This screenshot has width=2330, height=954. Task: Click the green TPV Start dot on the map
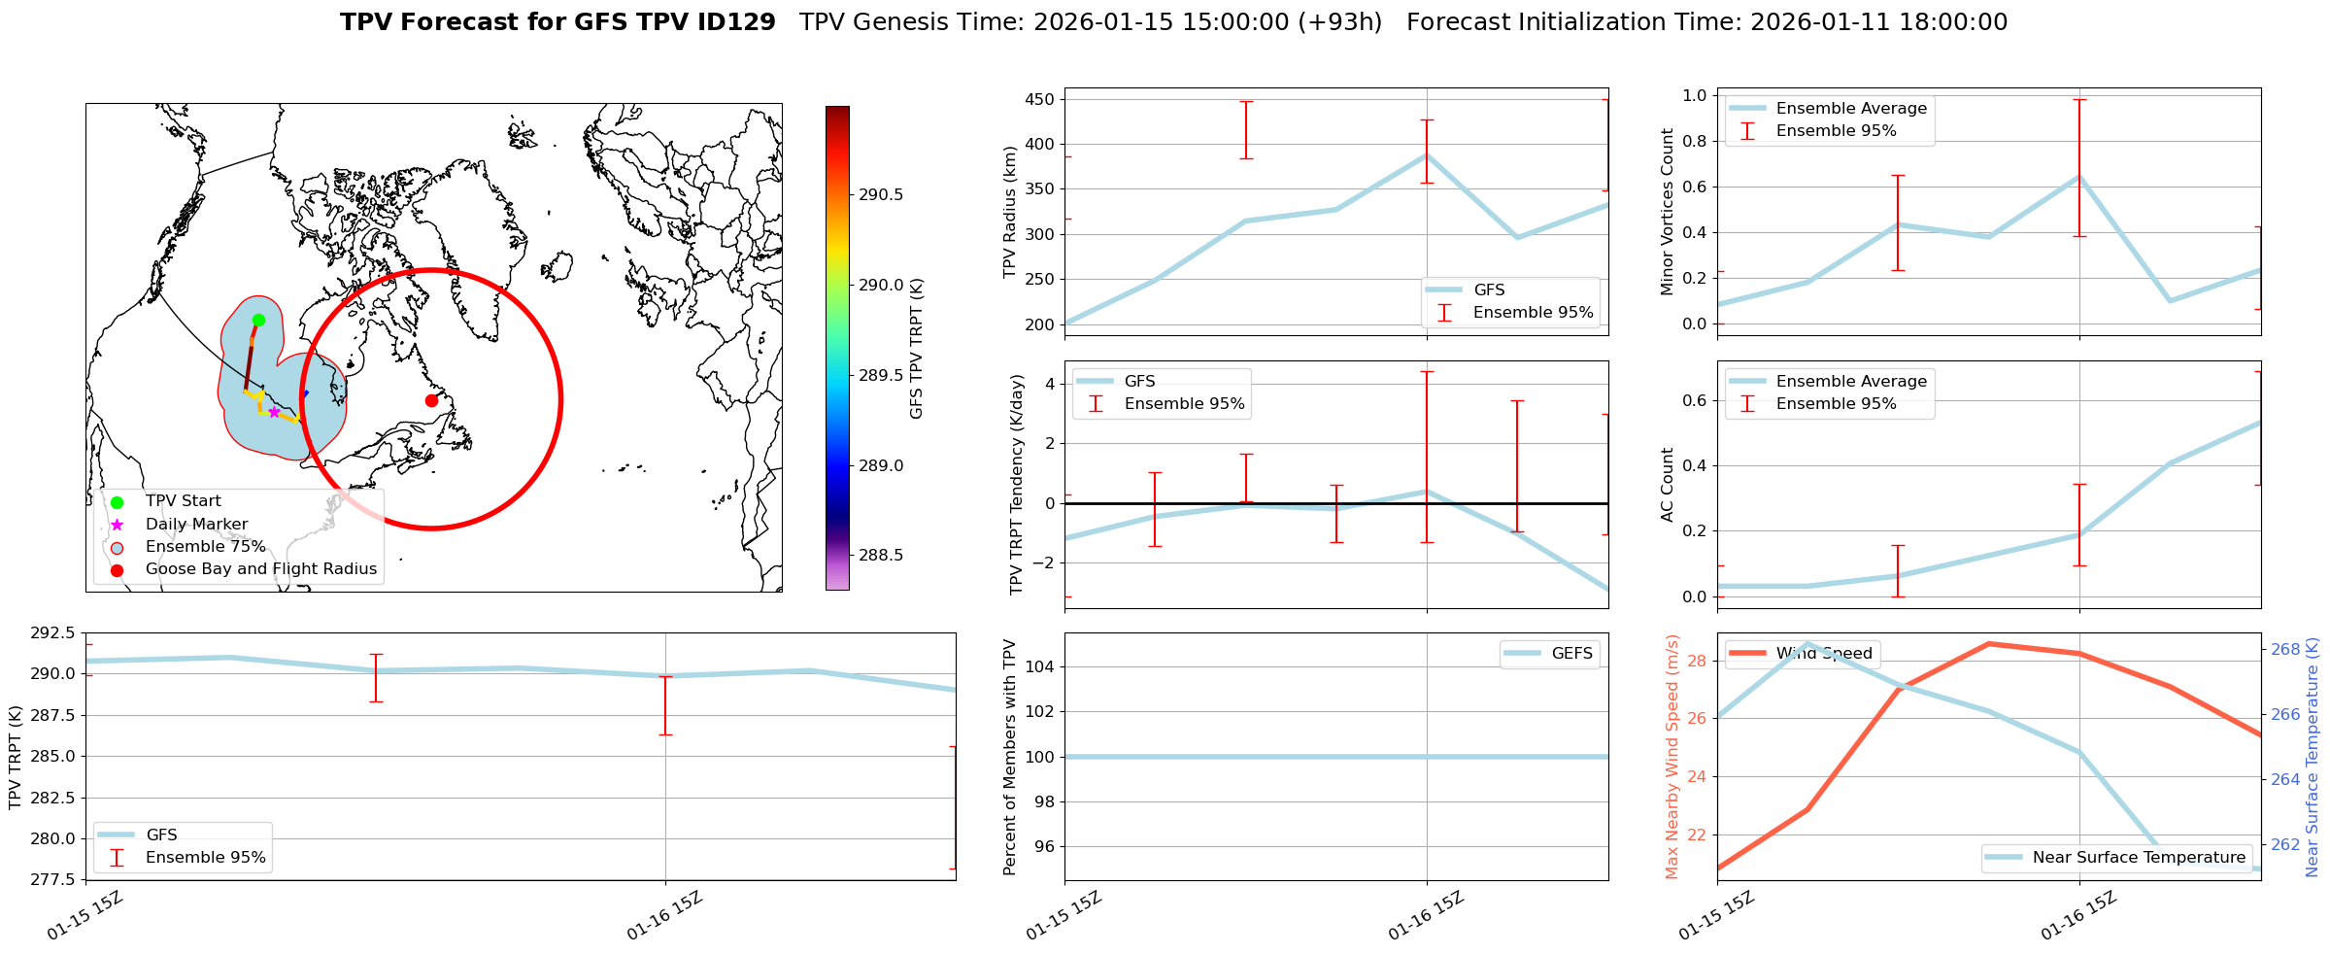coord(258,320)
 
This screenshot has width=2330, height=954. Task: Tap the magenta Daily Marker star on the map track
coord(274,412)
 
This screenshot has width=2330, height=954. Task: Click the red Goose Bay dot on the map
coord(431,400)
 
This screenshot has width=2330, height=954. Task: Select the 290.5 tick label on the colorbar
coord(880,194)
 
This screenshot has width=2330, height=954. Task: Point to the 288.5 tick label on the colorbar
coord(880,555)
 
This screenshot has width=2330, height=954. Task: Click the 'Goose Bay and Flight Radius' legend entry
coord(260,569)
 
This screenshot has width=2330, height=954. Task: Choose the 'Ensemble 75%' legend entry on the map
coord(205,547)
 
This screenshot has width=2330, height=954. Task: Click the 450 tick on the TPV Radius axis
coord(1039,99)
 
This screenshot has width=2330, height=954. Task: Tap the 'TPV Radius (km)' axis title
coord(1010,212)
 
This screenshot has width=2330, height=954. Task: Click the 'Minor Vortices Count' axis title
coord(1667,212)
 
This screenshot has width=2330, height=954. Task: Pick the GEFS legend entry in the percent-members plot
coord(1571,654)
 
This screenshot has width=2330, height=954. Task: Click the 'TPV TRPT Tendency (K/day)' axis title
coord(1017,484)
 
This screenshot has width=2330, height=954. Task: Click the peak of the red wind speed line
coord(1988,643)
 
